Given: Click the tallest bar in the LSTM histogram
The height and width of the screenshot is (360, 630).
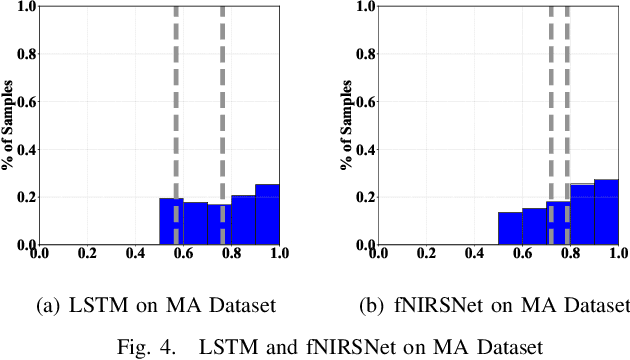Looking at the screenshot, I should click(266, 214).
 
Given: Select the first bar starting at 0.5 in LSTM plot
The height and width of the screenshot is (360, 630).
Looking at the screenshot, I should click(171, 221).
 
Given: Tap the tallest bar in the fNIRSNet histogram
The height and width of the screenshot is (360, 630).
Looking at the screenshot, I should click(606, 212).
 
